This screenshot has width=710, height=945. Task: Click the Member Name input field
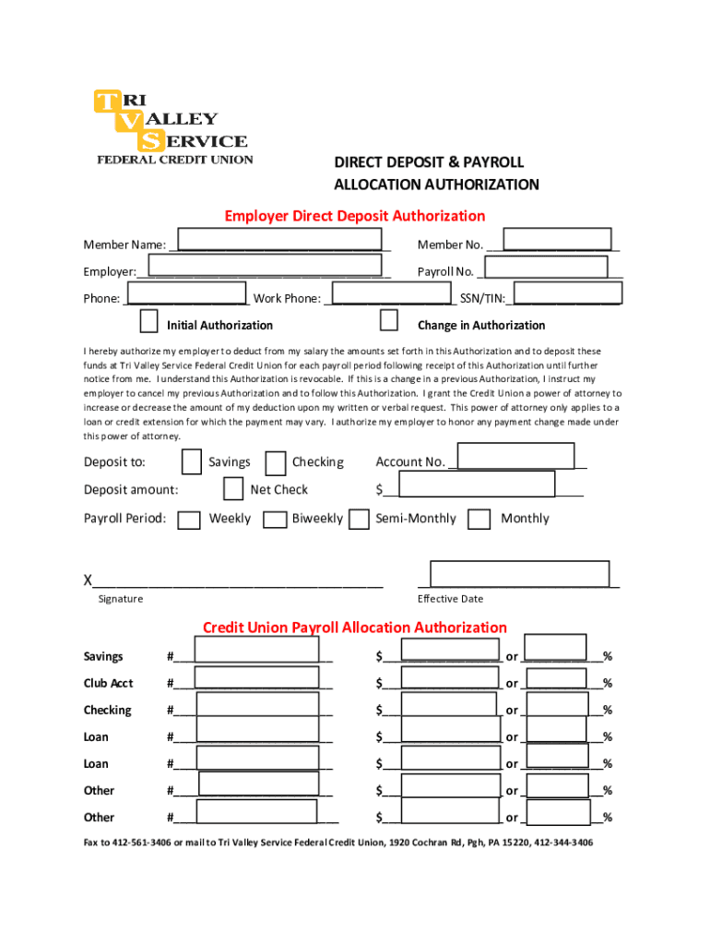click(x=279, y=239)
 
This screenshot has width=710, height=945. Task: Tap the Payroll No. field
click(x=545, y=267)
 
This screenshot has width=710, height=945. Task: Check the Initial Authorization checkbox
click(x=148, y=321)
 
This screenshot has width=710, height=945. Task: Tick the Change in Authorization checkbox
click(x=389, y=320)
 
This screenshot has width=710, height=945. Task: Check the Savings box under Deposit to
click(x=192, y=461)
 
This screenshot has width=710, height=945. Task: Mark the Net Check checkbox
click(x=233, y=488)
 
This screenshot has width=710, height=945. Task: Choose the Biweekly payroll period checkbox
click(x=275, y=520)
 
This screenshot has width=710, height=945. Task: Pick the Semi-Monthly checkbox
click(x=359, y=520)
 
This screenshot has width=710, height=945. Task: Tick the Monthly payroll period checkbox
click(x=479, y=520)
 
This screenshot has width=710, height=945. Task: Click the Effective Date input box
click(x=519, y=573)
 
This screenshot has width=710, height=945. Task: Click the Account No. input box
click(x=515, y=457)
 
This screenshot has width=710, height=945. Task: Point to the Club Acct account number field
click(x=257, y=679)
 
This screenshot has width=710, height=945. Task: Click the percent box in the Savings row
click(x=555, y=648)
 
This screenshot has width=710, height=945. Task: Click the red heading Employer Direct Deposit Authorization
click(x=355, y=216)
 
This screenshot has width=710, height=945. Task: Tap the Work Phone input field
click(x=391, y=294)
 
